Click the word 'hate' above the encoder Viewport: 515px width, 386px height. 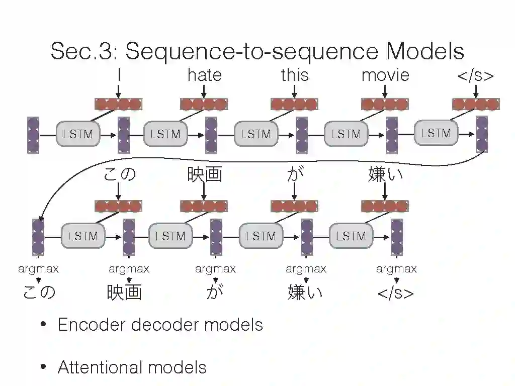[x=204, y=75]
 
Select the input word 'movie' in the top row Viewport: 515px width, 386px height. [x=385, y=75]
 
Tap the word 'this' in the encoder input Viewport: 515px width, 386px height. [x=294, y=75]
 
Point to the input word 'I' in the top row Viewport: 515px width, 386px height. [x=119, y=75]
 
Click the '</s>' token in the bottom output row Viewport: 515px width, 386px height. [x=396, y=293]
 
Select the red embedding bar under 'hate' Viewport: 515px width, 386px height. [x=204, y=104]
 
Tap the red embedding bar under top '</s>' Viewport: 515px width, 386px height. [x=475, y=104]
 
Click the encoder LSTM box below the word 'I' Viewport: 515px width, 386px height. [x=78, y=134]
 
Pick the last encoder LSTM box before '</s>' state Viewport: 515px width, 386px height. [x=436, y=133]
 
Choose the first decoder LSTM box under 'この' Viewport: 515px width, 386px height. [x=83, y=236]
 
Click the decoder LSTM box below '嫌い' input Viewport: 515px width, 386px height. [x=351, y=236]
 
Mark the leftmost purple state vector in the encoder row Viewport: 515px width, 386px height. [x=33, y=135]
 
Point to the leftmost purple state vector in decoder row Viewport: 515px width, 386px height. [x=38, y=236]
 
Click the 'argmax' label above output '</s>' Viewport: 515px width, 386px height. [x=396, y=269]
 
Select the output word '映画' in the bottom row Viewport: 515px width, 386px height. [x=124, y=293]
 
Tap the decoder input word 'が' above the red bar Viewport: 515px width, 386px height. [x=294, y=175]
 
